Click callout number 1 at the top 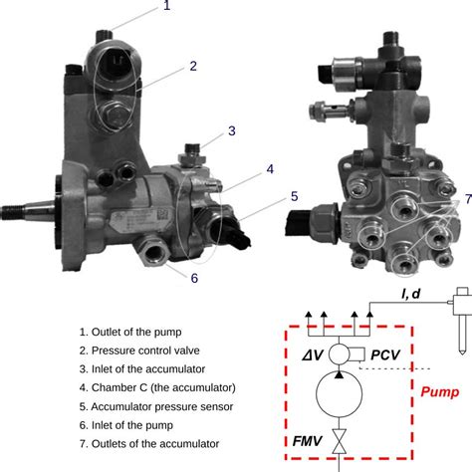pos(166,7)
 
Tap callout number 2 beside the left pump pos(192,68)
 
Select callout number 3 pos(231,130)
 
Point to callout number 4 pos(269,169)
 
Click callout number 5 pos(294,197)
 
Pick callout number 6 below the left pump pos(195,278)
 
